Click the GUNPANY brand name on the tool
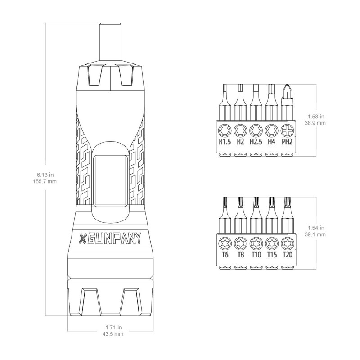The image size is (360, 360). tap(114, 239)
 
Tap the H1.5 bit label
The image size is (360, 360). tap(224, 142)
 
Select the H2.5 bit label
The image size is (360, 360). tap(256, 142)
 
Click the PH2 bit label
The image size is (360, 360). tap(287, 142)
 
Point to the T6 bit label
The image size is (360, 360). tap(225, 254)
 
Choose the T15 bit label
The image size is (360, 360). tap(272, 254)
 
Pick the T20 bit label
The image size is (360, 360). tap(288, 254)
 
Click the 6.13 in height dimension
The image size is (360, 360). tap(45, 175)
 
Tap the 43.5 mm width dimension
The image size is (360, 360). tap(113, 334)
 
